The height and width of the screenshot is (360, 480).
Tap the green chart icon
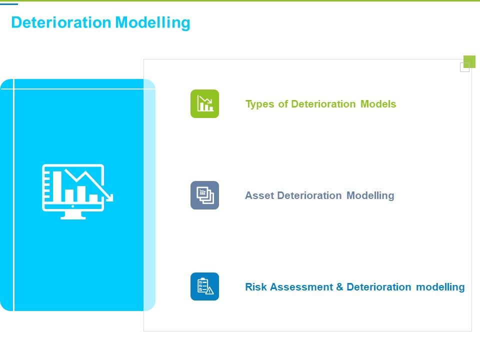[204, 103]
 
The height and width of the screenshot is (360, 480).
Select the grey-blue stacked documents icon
[204, 195]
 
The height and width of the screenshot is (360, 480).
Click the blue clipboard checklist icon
[204, 286]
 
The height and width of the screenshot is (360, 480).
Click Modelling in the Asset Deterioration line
[370, 195]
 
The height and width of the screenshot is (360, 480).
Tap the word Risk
[256, 287]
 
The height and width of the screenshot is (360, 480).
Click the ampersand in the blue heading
[339, 287]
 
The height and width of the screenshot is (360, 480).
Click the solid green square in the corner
[469, 61]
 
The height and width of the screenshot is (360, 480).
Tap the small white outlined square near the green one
[464, 67]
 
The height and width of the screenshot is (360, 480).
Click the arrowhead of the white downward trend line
[109, 197]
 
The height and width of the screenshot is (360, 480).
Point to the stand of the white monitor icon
[72, 215]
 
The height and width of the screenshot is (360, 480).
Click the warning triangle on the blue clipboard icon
[209, 291]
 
